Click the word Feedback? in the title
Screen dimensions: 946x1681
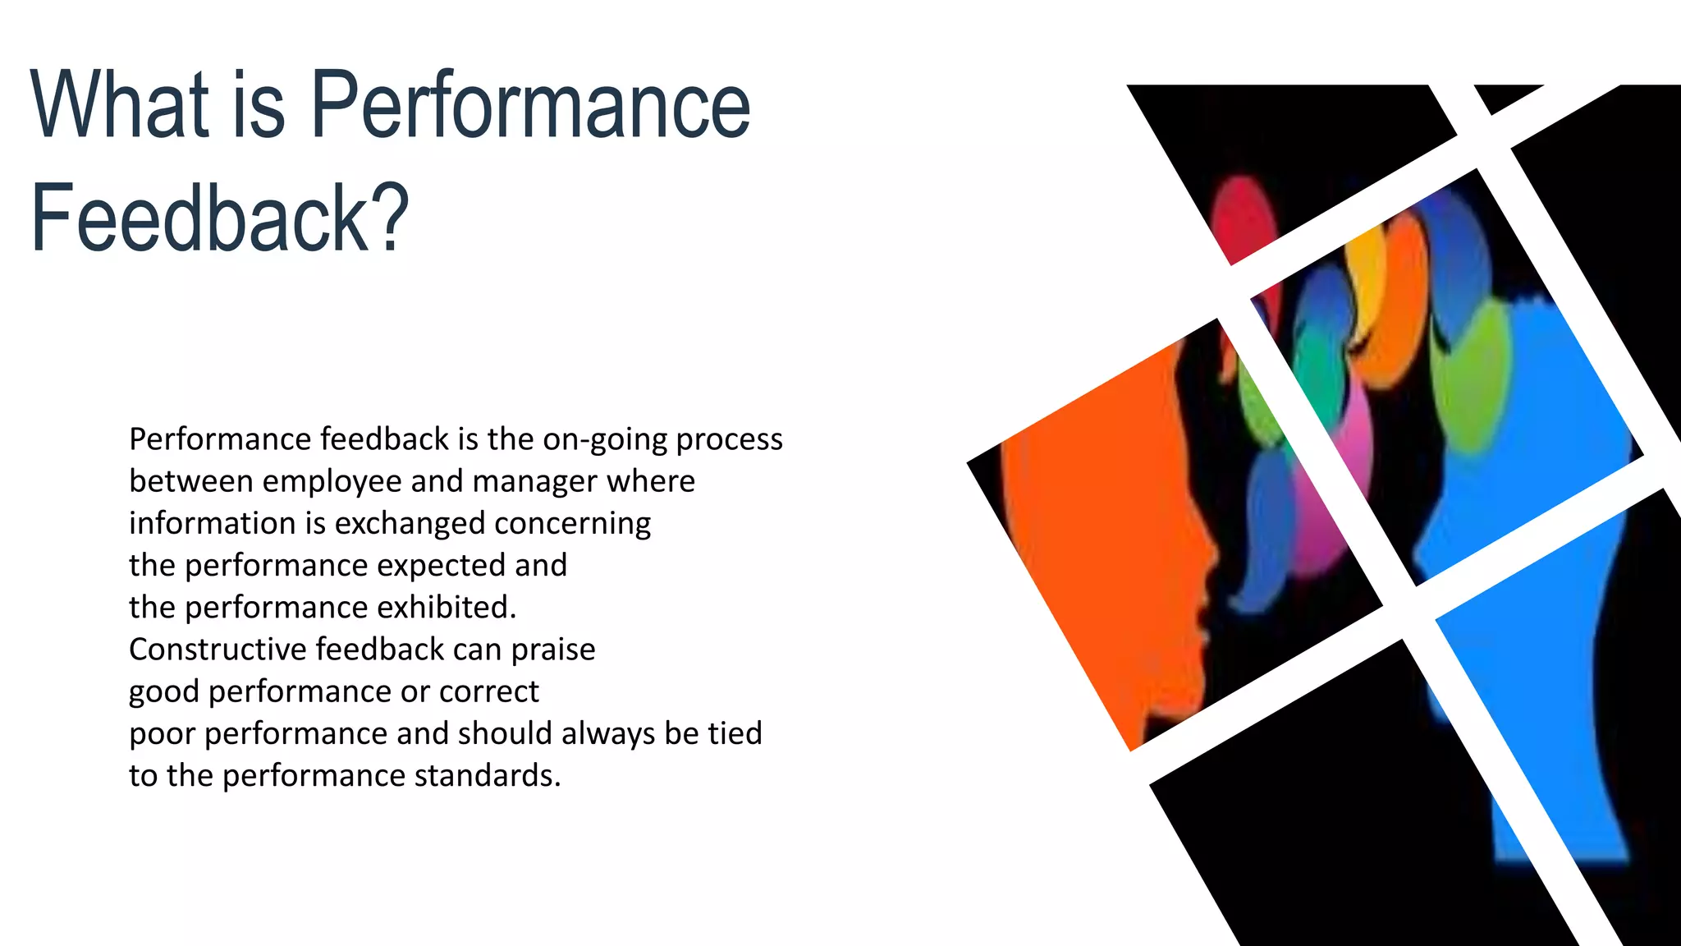click(220, 218)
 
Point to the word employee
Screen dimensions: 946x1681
click(350, 482)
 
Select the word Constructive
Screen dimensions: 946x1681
click(218, 650)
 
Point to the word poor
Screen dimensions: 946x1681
click(162, 733)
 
